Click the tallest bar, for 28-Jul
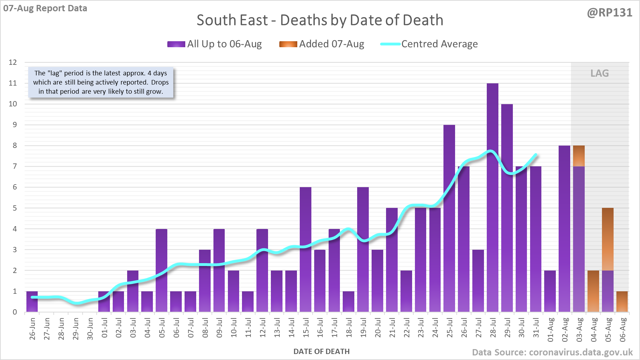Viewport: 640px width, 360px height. click(x=492, y=197)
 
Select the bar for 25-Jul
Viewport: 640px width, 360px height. click(x=449, y=218)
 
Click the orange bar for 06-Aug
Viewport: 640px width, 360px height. click(x=622, y=302)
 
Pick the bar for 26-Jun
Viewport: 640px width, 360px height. click(x=32, y=302)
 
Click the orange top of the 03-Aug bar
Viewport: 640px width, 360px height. click(x=579, y=156)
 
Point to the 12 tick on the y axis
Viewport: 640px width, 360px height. click(x=13, y=62)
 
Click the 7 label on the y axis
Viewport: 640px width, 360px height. click(x=14, y=166)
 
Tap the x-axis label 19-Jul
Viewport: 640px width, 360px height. click(x=363, y=328)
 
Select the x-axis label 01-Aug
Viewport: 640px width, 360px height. click(x=551, y=329)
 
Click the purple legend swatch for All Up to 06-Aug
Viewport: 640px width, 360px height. click(x=176, y=44)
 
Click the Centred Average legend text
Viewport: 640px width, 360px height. click(x=439, y=44)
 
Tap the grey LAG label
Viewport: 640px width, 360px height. click(x=599, y=73)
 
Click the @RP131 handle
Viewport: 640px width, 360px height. click(x=609, y=13)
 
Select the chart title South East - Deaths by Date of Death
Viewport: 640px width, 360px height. click(x=320, y=20)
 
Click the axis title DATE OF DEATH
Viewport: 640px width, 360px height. click(x=321, y=351)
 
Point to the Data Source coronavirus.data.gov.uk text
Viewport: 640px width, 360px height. click(x=552, y=352)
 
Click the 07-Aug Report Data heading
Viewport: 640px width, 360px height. click(x=45, y=8)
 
